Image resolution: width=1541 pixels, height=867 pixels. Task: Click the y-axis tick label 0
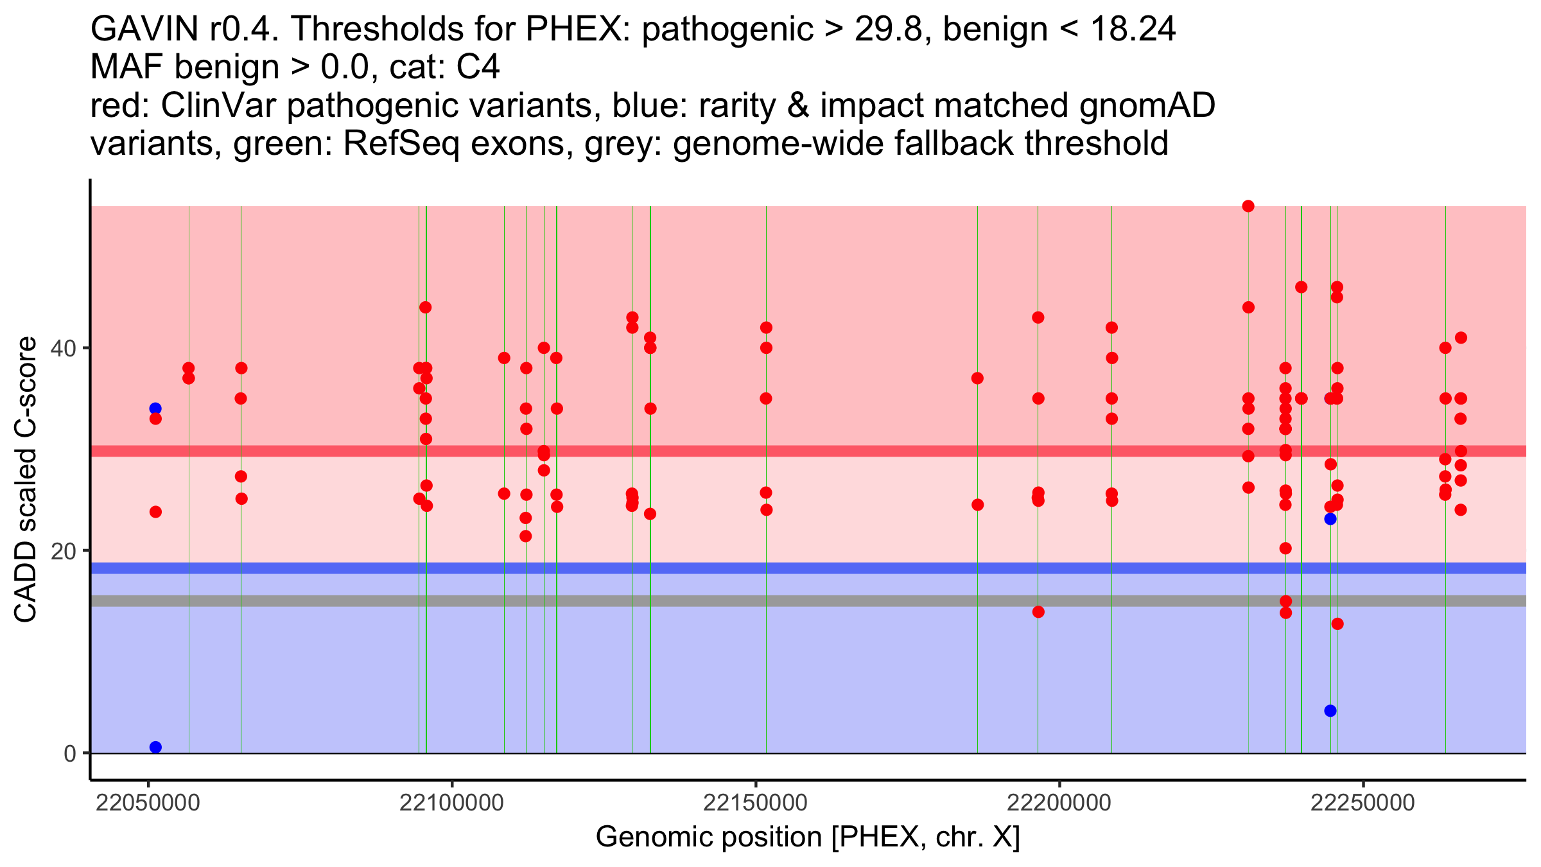pyautogui.click(x=70, y=753)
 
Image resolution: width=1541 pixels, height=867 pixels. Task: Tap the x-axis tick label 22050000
pyautogui.click(x=148, y=803)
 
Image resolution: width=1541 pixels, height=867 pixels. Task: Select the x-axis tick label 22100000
pyautogui.click(x=452, y=803)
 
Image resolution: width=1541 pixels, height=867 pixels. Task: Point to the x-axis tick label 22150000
pyautogui.click(x=756, y=803)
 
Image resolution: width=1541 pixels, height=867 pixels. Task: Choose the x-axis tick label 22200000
pyautogui.click(x=1059, y=803)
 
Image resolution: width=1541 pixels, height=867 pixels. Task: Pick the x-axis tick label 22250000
pyautogui.click(x=1363, y=803)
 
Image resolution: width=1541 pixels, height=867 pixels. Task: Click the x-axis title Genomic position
pyautogui.click(x=710, y=837)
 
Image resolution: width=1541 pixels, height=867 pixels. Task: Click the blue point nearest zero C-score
pyautogui.click(x=155, y=747)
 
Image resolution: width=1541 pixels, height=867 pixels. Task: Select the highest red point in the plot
pyautogui.click(x=1248, y=206)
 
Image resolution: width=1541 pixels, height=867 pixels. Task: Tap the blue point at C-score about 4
pyautogui.click(x=1330, y=711)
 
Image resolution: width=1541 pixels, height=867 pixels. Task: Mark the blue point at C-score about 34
pyautogui.click(x=155, y=408)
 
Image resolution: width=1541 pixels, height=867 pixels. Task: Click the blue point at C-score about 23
pyautogui.click(x=1330, y=519)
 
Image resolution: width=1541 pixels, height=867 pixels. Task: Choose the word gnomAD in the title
pyautogui.click(x=1147, y=106)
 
